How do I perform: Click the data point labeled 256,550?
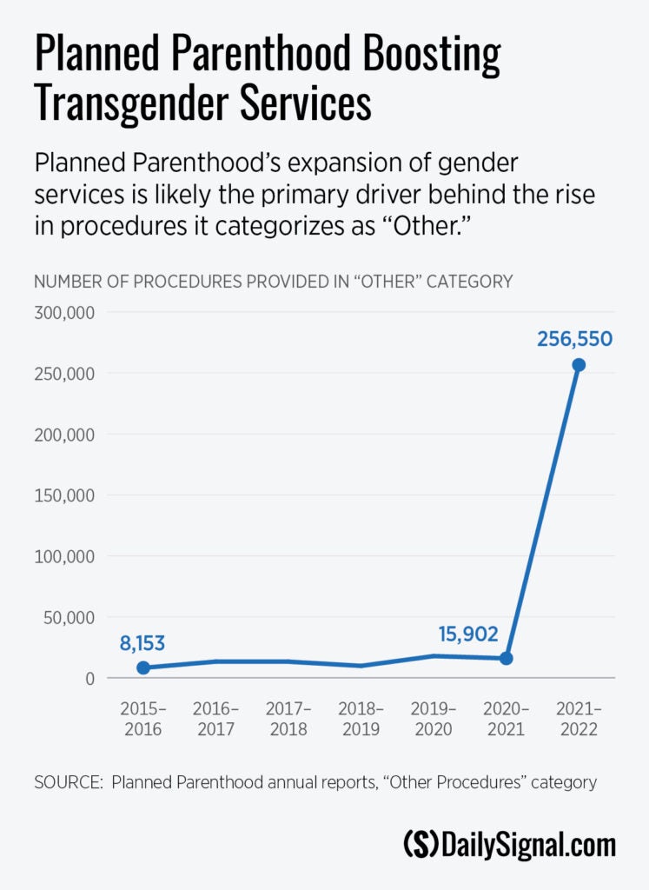pos(579,365)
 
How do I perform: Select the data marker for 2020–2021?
pos(507,659)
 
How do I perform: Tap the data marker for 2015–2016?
pos(143,668)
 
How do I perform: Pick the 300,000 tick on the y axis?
pos(63,313)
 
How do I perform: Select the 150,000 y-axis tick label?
pos(63,495)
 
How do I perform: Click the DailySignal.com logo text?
pos(528,845)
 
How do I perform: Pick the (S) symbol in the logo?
pos(421,845)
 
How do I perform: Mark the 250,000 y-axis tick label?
pos(63,374)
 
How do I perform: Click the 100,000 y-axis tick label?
pos(63,556)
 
